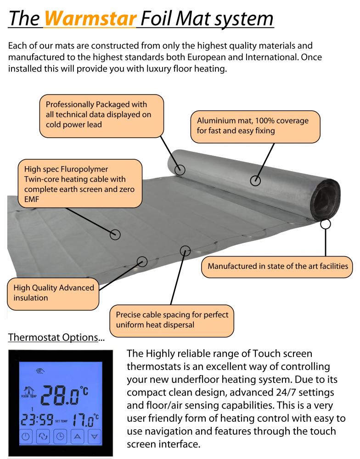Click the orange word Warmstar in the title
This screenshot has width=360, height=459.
[91, 18]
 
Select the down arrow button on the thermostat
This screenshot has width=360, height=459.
[95, 437]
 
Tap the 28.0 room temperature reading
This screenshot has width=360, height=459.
[63, 394]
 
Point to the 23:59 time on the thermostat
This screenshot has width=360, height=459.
[36, 420]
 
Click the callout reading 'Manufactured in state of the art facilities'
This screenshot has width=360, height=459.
[278, 266]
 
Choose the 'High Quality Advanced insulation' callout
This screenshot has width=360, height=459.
[53, 293]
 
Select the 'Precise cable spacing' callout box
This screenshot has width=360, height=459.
[172, 320]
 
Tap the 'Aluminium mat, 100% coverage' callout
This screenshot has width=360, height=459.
[255, 126]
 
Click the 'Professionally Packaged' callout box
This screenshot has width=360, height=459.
[101, 115]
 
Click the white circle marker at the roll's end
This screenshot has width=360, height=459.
[326, 224]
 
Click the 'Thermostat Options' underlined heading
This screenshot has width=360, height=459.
[53, 337]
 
